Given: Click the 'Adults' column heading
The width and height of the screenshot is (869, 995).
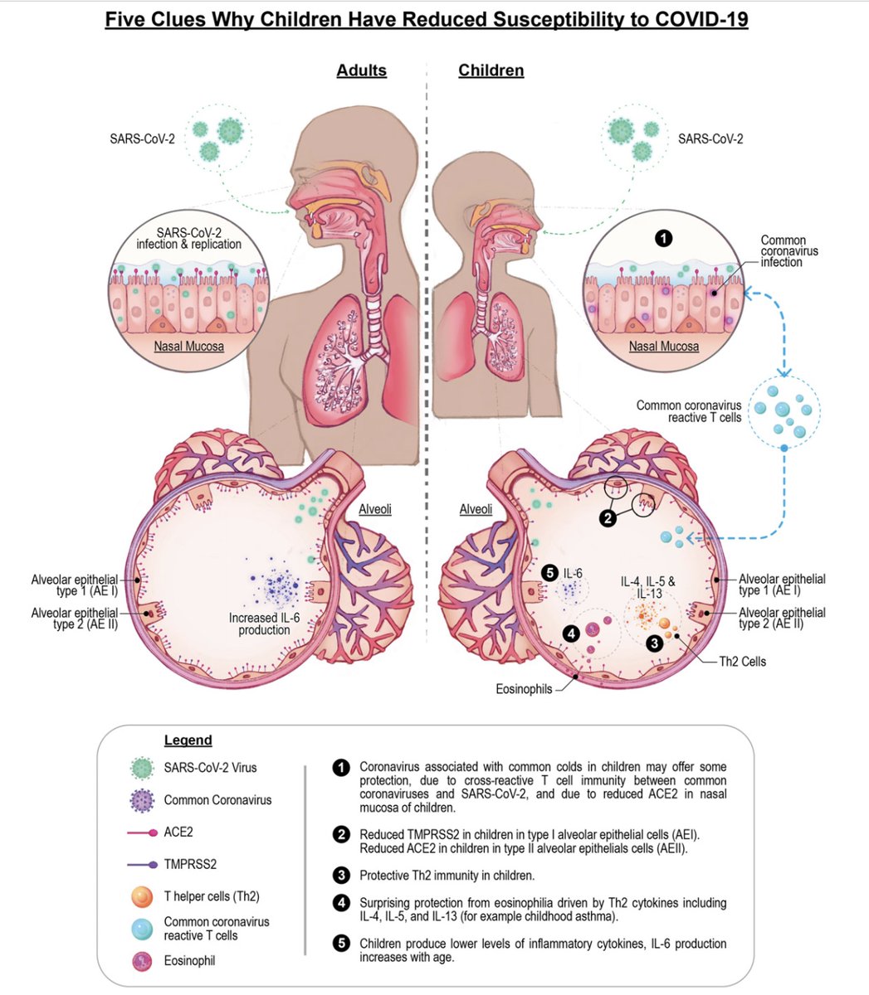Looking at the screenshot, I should point(361,70).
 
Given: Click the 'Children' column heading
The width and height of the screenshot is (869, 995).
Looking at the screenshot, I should point(491,70).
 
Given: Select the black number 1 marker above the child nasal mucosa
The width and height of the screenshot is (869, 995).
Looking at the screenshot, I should point(663,239).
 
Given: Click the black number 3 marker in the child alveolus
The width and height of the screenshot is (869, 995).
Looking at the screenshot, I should point(655,641).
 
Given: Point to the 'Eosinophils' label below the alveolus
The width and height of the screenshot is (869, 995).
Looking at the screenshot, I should point(524,688).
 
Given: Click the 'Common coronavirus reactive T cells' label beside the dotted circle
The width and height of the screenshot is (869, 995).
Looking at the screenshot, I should point(689,411).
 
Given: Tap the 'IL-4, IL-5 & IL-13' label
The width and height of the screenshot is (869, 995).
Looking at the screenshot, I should point(648,587).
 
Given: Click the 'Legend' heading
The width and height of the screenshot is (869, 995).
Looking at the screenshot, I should point(188,740).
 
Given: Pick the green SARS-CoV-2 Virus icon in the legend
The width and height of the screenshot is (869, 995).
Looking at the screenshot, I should point(144,769).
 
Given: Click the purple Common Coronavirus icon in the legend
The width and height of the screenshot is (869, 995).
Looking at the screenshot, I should point(144,800).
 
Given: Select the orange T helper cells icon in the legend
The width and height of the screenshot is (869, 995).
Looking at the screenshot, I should point(144,896).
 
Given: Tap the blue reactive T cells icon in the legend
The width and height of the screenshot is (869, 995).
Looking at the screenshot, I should point(144,928).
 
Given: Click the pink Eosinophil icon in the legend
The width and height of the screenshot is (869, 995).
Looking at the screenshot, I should point(144,961).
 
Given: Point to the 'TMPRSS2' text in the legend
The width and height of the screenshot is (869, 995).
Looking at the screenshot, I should point(190,863).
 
